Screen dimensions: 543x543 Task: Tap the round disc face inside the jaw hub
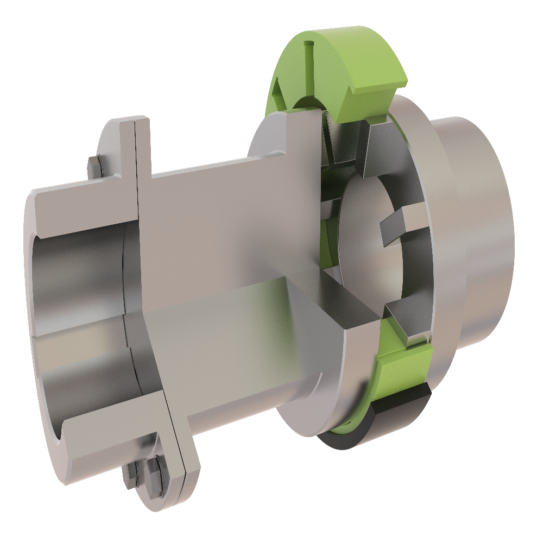tap(358, 228)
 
